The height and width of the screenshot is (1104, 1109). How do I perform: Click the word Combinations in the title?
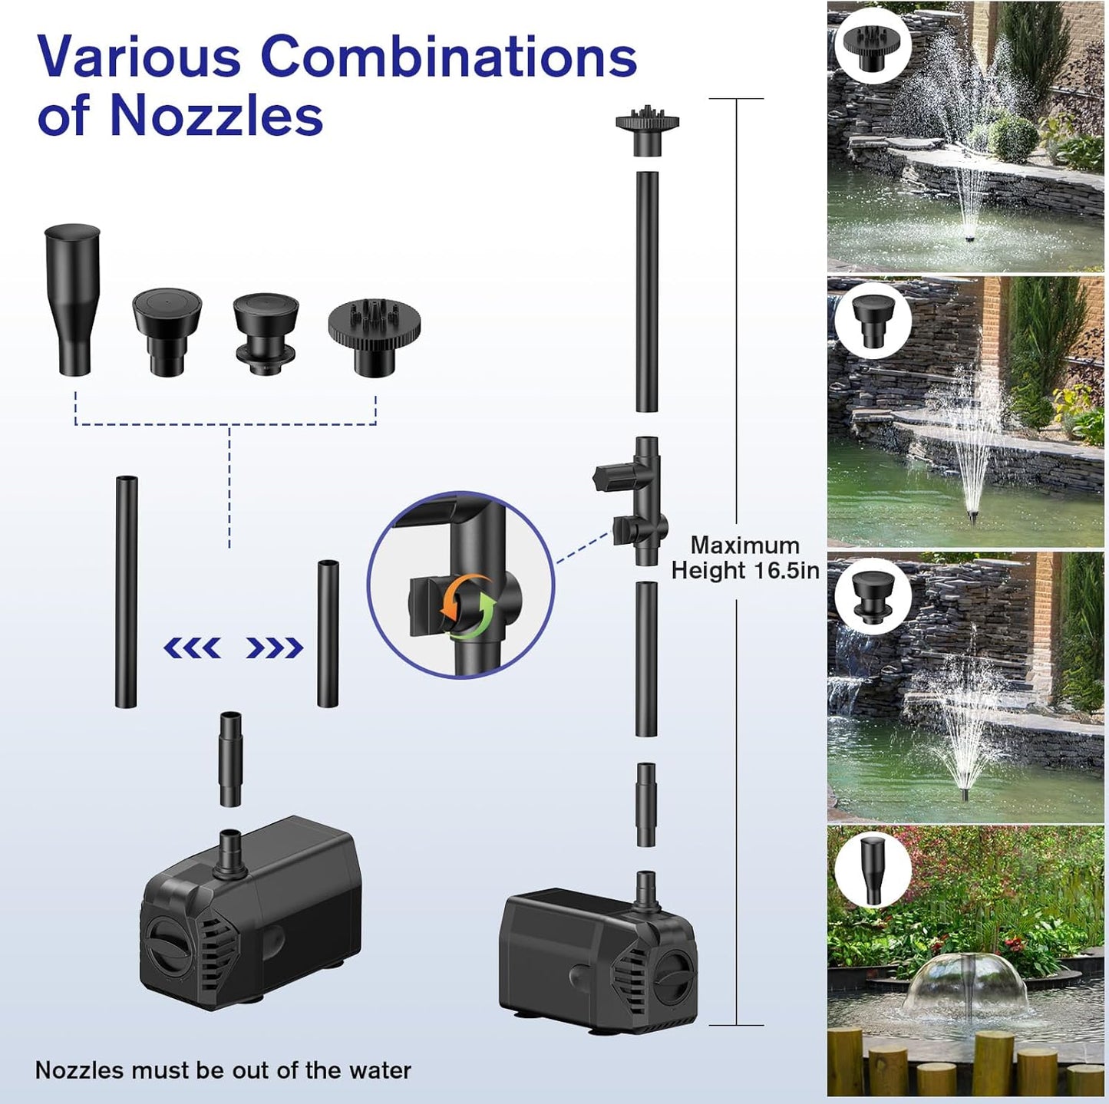[449, 56]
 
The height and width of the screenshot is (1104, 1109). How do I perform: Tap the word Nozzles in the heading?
[216, 116]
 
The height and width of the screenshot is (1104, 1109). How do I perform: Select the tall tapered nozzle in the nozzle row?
[72, 298]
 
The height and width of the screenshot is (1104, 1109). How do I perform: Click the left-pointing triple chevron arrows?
[193, 648]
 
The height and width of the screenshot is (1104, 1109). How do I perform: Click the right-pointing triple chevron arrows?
[274, 648]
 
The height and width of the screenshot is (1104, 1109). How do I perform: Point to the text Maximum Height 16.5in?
[745, 558]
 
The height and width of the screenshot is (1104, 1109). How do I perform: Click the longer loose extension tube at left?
[126, 592]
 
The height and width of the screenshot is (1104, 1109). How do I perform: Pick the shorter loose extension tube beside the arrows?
[328, 634]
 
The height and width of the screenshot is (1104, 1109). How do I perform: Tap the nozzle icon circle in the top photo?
[873, 45]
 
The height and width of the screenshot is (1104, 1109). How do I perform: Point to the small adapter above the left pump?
[230, 759]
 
